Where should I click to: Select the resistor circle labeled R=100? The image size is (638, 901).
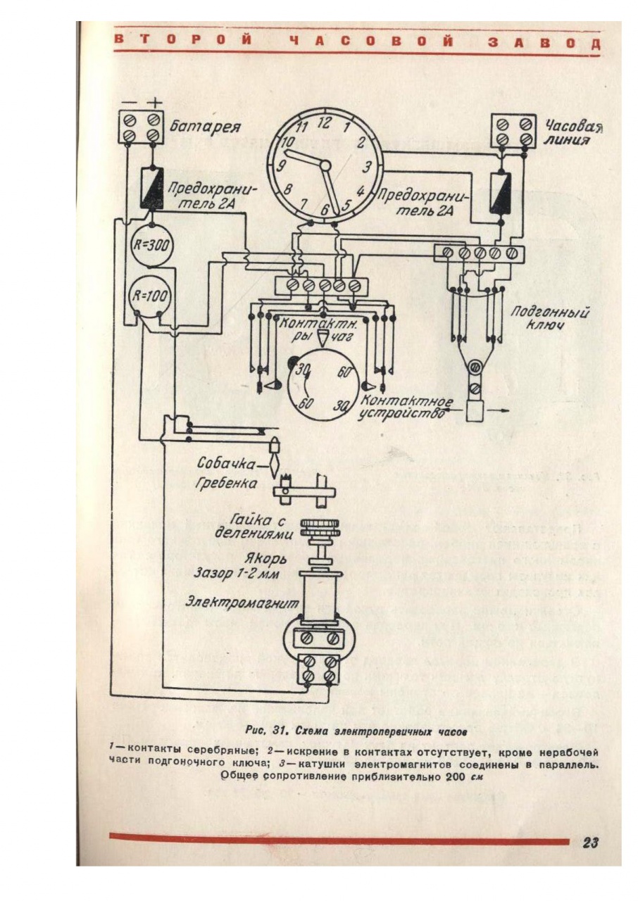click(149, 296)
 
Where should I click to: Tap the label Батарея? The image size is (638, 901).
click(205, 128)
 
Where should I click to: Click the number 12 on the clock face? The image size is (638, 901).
click(325, 122)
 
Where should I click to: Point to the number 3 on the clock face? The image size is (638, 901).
click(367, 168)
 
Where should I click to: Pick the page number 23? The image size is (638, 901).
click(590, 843)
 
